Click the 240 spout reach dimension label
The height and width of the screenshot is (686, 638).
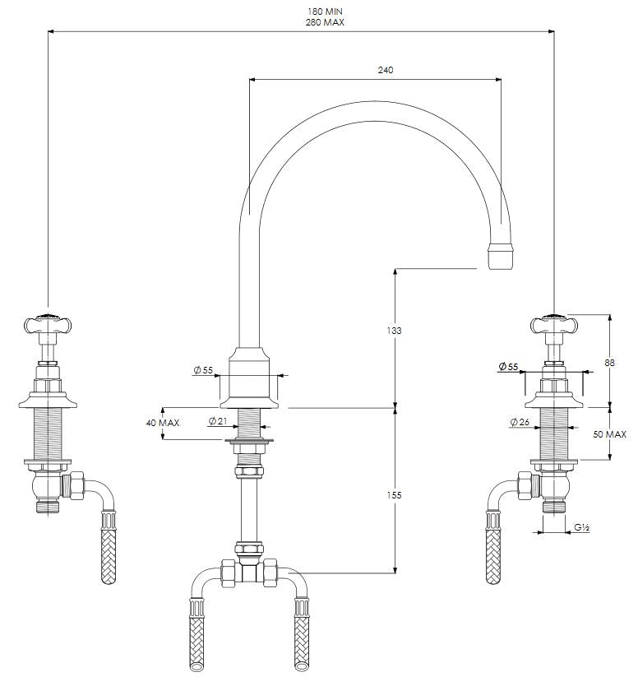pos(385,70)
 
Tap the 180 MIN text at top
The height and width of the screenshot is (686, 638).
pos(325,12)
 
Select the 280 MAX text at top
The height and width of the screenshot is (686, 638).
pos(325,22)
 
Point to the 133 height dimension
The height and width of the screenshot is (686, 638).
pos(394,331)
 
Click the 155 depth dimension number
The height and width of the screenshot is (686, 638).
pos(394,495)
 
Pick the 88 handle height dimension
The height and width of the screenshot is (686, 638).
pos(609,363)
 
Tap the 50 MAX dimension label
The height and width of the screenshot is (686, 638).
pos(609,434)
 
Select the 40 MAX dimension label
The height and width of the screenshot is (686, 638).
pos(163,423)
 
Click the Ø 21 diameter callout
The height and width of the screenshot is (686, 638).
pos(218,421)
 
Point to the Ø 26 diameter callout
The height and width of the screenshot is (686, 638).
pos(520,422)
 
